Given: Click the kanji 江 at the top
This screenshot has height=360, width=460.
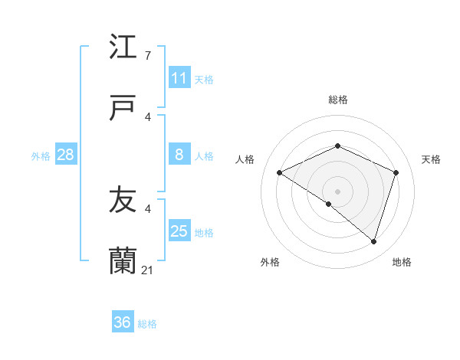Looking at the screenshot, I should (x=123, y=47).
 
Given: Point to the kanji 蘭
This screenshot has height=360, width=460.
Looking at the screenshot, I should (x=123, y=261).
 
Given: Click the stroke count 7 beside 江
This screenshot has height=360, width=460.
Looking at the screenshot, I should (x=148, y=56).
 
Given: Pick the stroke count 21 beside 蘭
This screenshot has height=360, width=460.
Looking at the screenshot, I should (x=149, y=270).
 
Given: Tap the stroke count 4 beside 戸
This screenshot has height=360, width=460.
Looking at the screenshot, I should (x=148, y=116).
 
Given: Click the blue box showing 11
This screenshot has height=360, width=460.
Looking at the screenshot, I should (x=179, y=78).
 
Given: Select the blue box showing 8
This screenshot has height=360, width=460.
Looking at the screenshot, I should (x=179, y=155).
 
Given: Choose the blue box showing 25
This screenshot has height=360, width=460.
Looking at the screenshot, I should (x=179, y=231).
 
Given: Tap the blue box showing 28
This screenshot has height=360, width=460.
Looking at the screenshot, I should (x=66, y=155).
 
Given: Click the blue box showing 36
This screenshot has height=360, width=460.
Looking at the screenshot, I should (x=123, y=322).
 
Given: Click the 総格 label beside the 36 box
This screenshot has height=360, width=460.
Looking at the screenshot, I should (x=147, y=324).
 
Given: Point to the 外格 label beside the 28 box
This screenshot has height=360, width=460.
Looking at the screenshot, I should (x=41, y=156).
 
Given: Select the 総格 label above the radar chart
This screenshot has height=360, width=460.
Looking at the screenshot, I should (x=337, y=100).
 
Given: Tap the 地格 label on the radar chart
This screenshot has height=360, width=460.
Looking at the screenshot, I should (x=402, y=262).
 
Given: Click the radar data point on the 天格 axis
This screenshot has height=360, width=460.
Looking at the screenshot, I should (x=396, y=172).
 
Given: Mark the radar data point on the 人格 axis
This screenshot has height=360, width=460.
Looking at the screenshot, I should (x=280, y=173).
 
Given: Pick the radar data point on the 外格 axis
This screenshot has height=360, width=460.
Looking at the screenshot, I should (x=329, y=204).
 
